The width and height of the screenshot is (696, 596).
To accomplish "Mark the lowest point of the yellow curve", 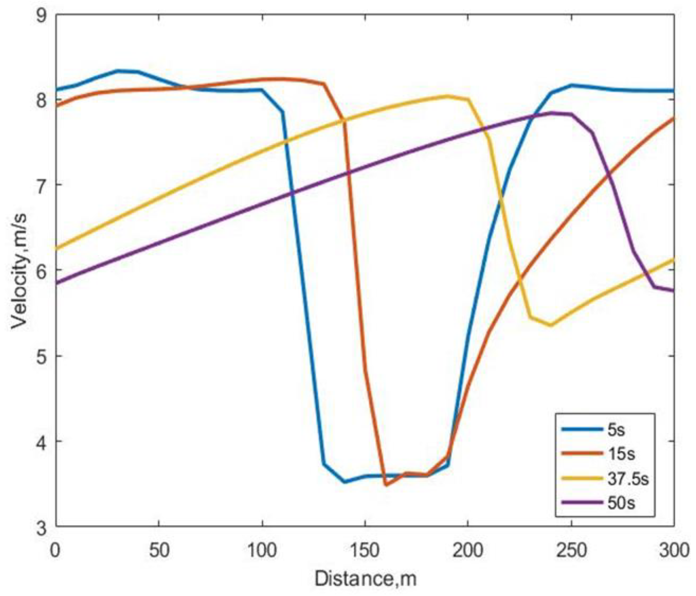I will click(x=551, y=325).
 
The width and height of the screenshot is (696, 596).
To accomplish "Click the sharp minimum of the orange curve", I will click(x=386, y=485).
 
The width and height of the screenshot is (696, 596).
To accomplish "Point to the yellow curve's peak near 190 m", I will click(x=447, y=96).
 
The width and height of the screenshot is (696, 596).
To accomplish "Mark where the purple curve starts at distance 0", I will click(x=56, y=283).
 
